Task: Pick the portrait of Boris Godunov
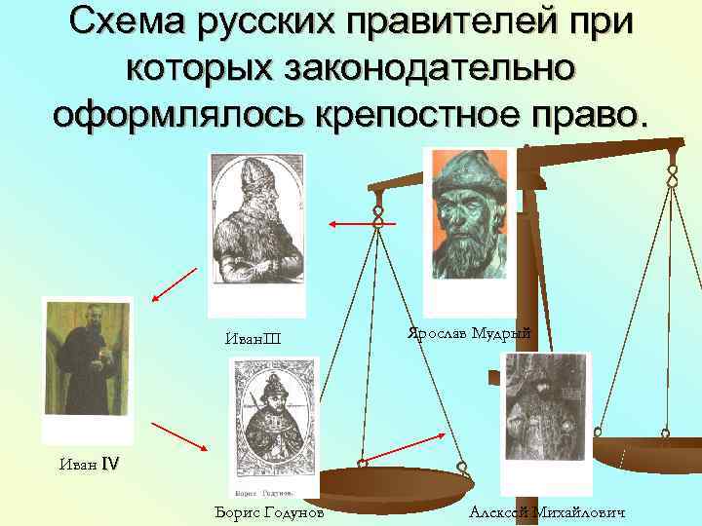click(x=273, y=427)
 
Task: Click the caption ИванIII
click(x=252, y=339)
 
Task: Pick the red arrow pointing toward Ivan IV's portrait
click(x=176, y=283)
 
